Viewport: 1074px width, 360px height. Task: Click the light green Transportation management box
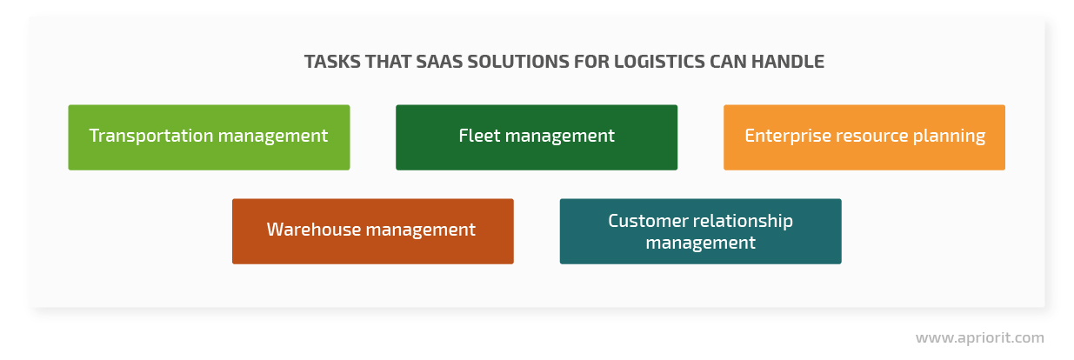(209, 137)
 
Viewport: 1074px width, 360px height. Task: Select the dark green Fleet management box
(537, 137)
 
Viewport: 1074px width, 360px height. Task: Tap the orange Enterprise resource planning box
(864, 137)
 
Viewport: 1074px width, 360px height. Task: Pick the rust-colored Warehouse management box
(372, 231)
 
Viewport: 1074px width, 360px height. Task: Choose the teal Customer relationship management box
(701, 231)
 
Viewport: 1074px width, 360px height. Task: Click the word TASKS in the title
(332, 62)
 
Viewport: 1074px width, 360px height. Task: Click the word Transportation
(151, 136)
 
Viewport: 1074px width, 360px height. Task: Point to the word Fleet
(479, 136)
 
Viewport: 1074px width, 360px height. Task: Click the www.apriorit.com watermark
(979, 338)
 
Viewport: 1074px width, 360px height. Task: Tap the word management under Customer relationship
(701, 243)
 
